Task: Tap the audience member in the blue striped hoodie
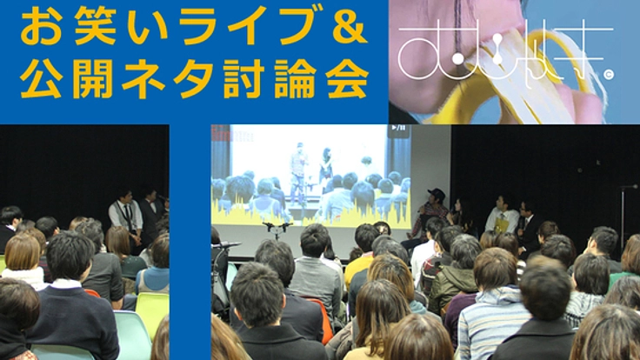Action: [x=490, y=304]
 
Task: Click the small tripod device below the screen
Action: [x=277, y=228]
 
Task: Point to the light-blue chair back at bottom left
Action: [x=131, y=335]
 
